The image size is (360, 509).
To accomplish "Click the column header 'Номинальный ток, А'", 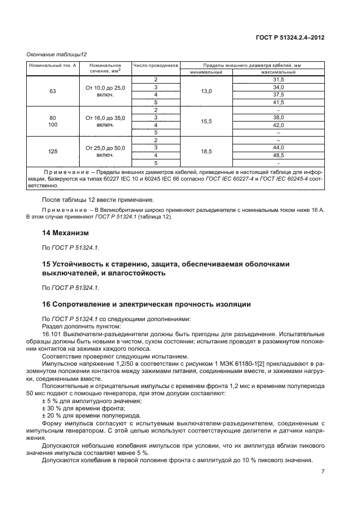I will [x=49, y=65].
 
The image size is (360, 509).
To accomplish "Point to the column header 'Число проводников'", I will [x=156, y=65].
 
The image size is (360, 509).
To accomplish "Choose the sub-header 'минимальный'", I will [x=206, y=72].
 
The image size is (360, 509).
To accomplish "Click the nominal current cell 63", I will [x=52, y=91].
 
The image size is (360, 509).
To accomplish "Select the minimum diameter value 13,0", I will [x=206, y=91].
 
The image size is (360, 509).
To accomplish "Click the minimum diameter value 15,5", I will [x=206, y=121].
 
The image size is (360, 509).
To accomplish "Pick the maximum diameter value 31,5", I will [x=278, y=80].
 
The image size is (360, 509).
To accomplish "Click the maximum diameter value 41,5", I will [x=278, y=103].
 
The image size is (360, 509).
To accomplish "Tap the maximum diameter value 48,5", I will [x=278, y=155].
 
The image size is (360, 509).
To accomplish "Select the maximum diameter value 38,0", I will [x=278, y=118].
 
